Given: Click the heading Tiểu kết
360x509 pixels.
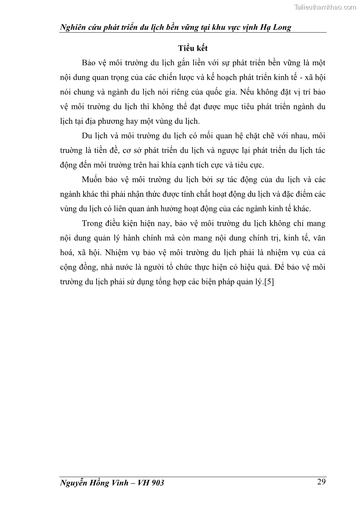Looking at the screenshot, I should coord(193,48).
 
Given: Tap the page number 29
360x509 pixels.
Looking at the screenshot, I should coord(321,482).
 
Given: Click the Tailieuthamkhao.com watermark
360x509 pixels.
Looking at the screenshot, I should coord(325,7).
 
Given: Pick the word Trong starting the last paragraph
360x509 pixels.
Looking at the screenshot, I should coord(93,223).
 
